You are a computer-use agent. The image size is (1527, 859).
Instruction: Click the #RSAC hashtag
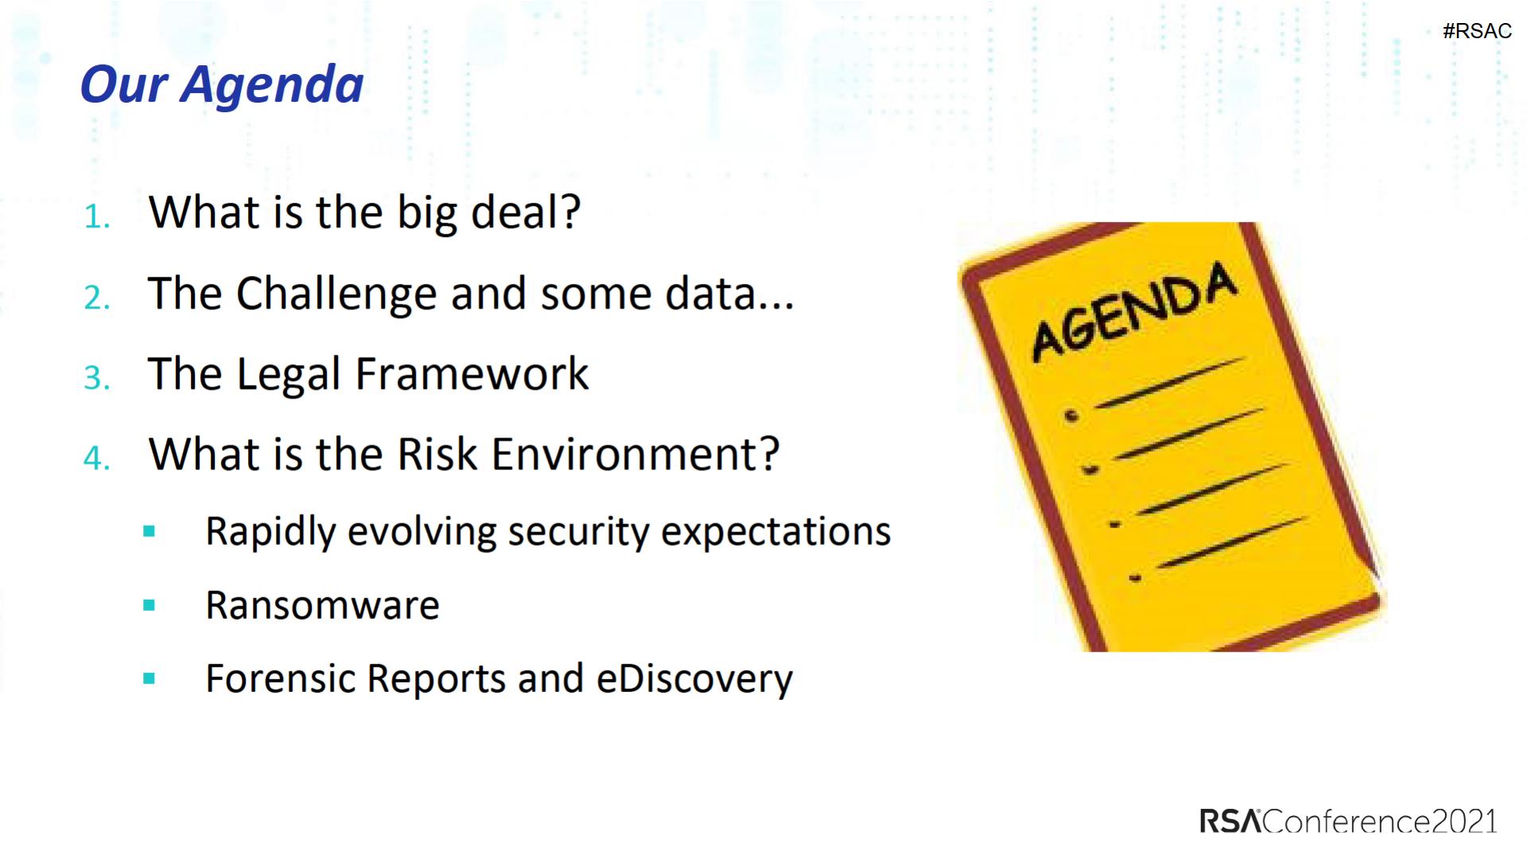point(1477,31)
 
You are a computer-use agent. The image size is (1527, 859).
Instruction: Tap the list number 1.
point(96,216)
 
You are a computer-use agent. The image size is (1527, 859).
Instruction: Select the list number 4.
point(96,458)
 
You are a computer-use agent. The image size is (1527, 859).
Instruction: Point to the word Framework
point(472,374)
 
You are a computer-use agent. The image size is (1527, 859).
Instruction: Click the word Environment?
point(635,454)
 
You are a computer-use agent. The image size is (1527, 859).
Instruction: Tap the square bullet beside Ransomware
point(149,605)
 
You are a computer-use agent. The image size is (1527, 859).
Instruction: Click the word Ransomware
point(322,605)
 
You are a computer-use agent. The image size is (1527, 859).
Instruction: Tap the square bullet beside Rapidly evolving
point(149,531)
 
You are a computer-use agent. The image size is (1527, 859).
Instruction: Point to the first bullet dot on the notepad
point(1072,415)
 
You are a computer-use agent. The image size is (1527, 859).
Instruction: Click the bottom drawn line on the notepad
point(1232,542)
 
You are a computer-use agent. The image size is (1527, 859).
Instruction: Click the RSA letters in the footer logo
point(1230,821)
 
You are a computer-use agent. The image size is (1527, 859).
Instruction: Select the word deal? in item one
point(526,213)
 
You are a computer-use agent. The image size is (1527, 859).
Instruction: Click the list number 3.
point(96,378)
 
